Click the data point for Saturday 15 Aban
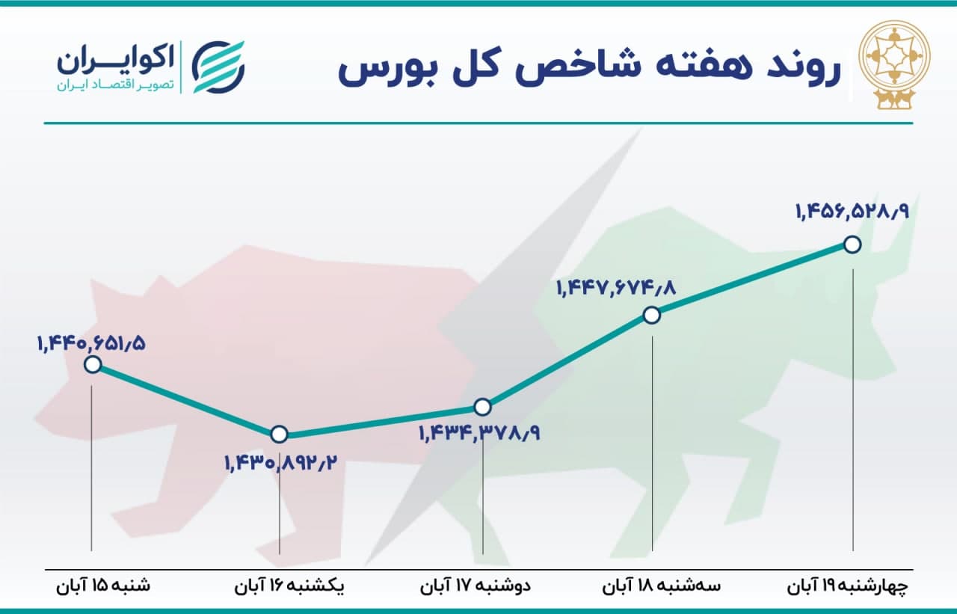pos(93,365)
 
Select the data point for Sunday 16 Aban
pos(280,435)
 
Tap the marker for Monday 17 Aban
pos(483,407)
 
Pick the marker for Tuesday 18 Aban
pos(652,316)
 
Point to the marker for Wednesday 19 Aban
pos(853,245)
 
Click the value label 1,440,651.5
pos(92,343)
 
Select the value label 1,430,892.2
pos(281,463)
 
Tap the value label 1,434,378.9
pos(479,433)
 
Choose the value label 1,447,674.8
pos(616,289)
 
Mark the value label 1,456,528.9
pos(852,212)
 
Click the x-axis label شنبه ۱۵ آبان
pos(103,586)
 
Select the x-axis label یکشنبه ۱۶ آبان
pos(289,586)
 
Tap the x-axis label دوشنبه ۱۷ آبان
pos(475,586)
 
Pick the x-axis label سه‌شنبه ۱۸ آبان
pos(662,586)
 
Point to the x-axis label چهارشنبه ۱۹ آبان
pos(848,586)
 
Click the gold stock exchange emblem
pos(895,68)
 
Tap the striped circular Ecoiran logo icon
pos(218,67)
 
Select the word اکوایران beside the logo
pos(115,61)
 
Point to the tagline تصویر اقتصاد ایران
pos(115,85)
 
